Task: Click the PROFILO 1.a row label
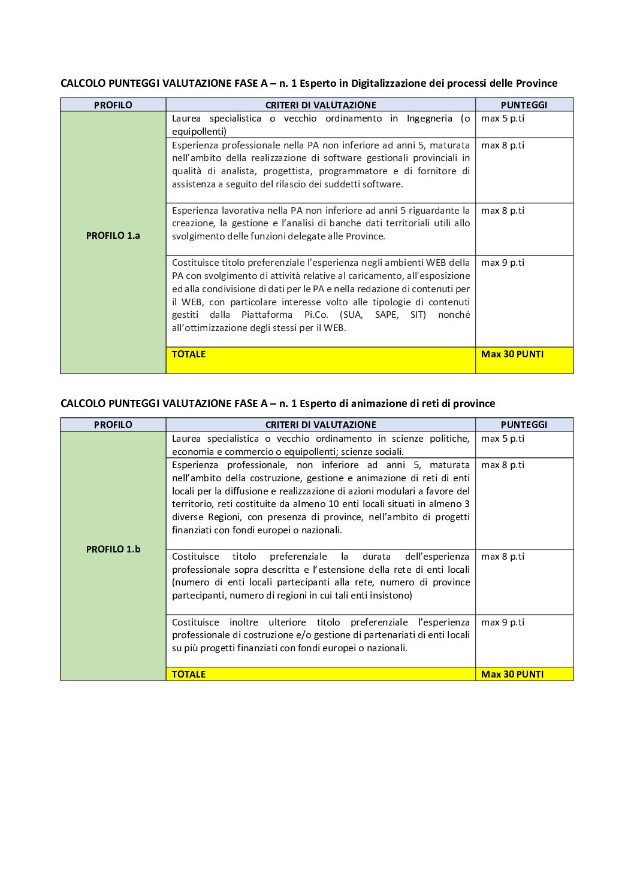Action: (113, 236)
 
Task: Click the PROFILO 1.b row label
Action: (113, 549)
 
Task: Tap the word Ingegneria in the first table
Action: (429, 119)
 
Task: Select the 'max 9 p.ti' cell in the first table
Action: (502, 263)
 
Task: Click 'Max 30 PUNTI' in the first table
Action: (512, 354)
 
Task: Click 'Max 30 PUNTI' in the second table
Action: (512, 674)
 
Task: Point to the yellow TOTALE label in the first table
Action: (189, 354)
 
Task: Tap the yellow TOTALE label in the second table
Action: (189, 674)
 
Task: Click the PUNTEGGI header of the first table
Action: (524, 105)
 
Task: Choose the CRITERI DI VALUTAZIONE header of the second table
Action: (321, 424)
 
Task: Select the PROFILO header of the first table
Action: (113, 105)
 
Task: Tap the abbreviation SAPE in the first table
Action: (387, 315)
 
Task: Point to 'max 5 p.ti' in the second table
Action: (502, 439)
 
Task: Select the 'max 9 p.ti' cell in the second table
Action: (502, 622)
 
